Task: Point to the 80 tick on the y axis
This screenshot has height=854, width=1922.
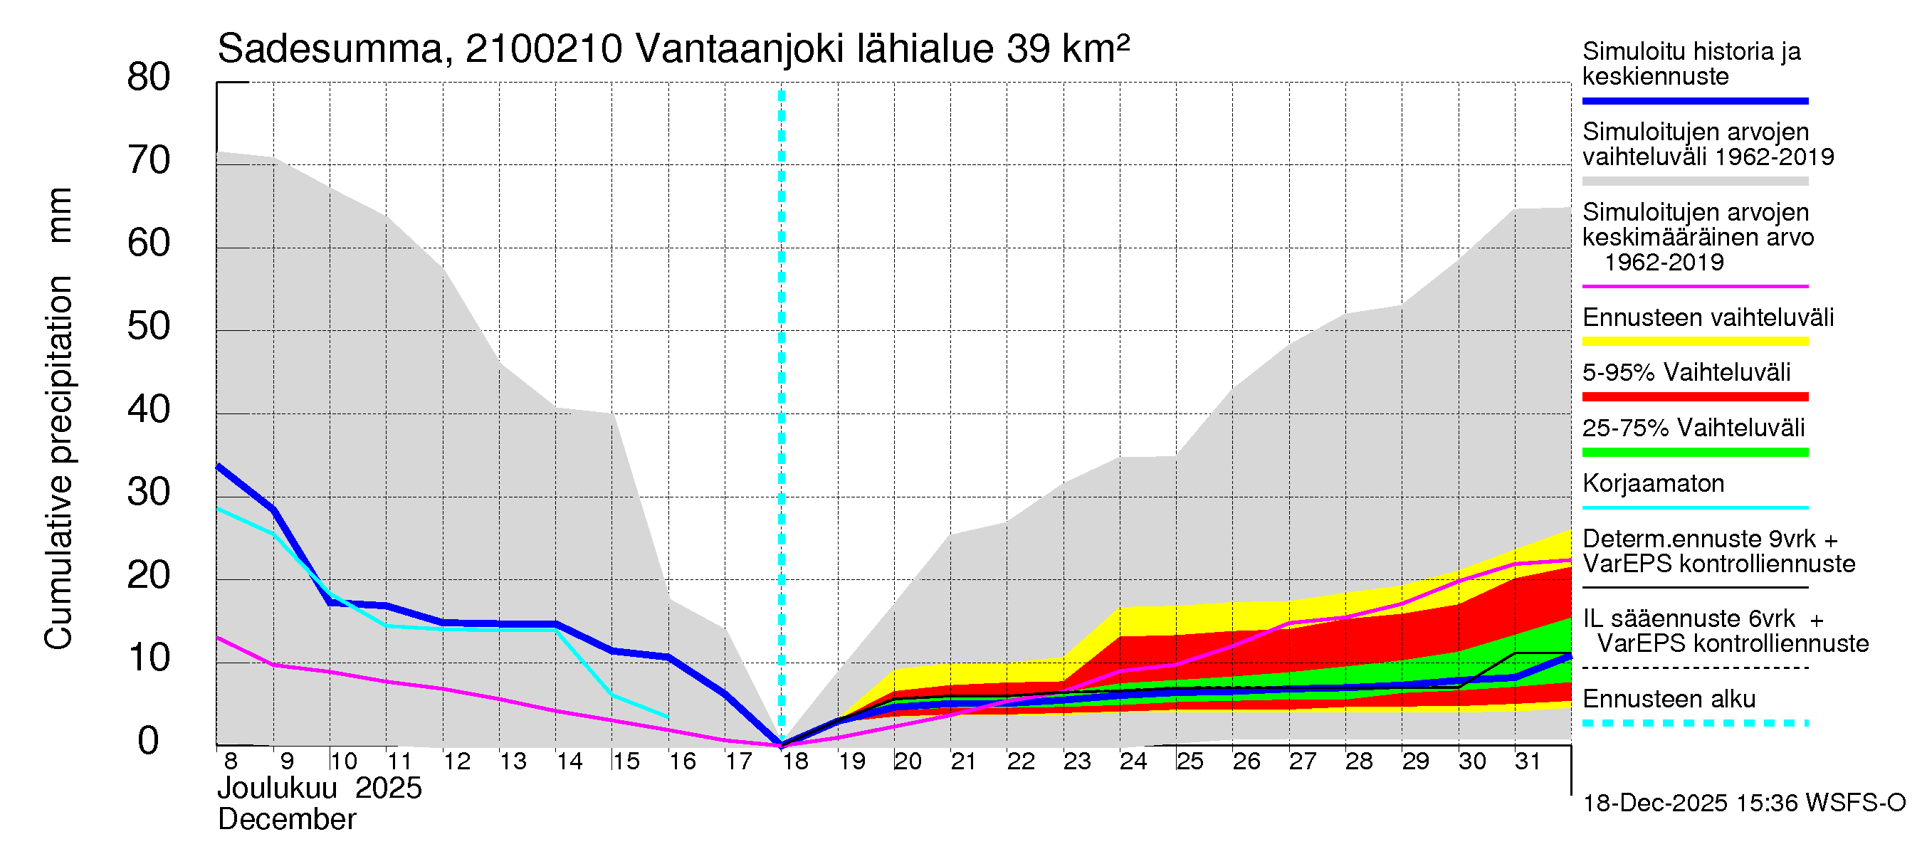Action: (149, 78)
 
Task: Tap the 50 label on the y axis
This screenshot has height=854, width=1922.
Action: (149, 327)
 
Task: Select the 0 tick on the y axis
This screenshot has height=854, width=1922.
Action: (149, 741)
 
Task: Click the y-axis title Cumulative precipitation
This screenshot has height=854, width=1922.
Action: (59, 463)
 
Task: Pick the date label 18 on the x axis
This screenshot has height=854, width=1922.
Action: (795, 761)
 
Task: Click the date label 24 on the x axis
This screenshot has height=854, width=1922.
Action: (1133, 761)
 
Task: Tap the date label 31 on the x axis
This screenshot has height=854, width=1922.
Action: (1528, 761)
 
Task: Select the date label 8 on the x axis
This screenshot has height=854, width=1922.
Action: (231, 761)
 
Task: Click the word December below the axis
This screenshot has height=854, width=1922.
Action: (286, 820)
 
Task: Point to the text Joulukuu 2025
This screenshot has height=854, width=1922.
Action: (320, 789)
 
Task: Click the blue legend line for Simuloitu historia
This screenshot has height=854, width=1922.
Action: (1694, 100)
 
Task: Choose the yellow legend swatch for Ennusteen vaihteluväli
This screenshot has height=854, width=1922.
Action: (1694, 342)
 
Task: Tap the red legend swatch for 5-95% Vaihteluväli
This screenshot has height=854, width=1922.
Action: (1694, 397)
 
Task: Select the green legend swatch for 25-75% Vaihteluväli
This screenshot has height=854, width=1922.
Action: (1694, 452)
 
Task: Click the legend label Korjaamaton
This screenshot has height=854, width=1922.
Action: (1653, 484)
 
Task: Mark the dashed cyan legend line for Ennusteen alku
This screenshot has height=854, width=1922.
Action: (1694, 723)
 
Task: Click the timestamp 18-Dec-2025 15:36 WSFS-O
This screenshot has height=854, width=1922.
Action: (1743, 803)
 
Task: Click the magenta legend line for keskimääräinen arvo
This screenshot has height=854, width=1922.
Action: (1694, 286)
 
